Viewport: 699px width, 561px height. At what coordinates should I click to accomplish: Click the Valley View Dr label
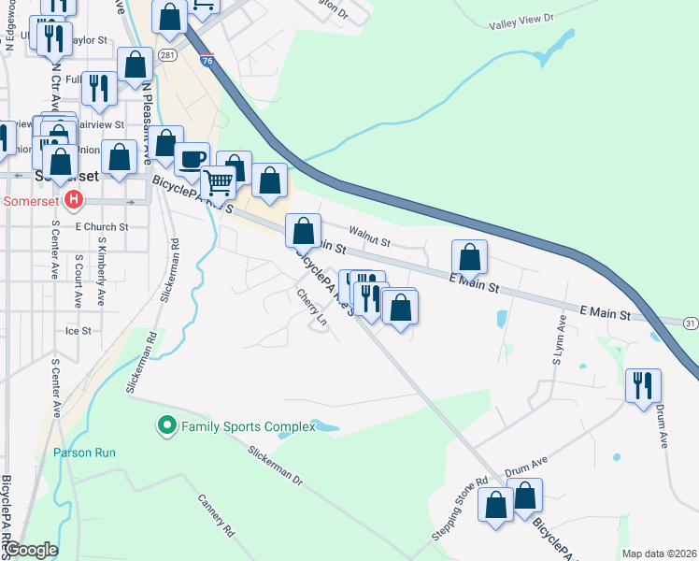516,18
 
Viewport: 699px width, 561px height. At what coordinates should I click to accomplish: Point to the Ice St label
78,330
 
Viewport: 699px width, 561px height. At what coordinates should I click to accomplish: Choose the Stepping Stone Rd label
460,504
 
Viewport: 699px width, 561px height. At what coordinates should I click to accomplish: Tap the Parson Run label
84,453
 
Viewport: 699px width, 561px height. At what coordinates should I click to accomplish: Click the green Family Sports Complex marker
167,427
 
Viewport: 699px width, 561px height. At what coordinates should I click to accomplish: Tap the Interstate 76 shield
207,61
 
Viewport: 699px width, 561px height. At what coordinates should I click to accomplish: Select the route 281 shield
167,54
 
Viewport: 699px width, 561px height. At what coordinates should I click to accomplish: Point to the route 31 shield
690,323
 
